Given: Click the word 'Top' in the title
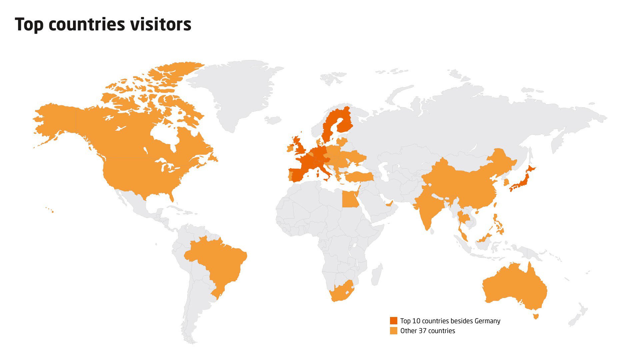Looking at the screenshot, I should (x=29, y=25).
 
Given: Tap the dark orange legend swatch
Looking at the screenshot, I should (x=394, y=321).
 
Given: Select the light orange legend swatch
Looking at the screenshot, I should (x=394, y=331).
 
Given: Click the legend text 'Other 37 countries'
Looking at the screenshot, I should (x=428, y=331).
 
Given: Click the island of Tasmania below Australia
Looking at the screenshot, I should (x=536, y=315).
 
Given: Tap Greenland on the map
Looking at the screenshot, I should (x=240, y=90).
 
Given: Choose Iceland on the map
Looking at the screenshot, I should (x=273, y=120).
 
